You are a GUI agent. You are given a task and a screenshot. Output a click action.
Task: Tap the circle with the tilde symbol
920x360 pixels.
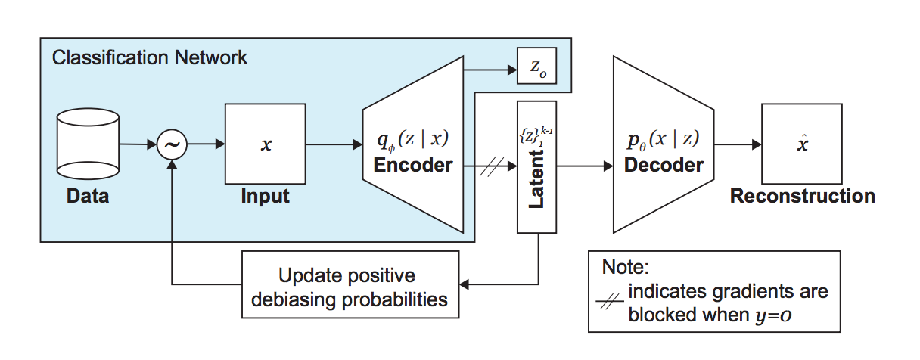[x=171, y=144]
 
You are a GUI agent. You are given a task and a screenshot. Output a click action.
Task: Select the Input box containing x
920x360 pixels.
[x=265, y=144]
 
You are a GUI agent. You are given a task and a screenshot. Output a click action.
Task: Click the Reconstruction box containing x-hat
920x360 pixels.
[x=802, y=144]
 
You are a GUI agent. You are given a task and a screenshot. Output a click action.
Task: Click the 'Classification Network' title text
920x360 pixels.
[x=149, y=57]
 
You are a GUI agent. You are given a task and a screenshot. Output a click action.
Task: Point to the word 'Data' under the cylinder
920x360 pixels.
[x=88, y=197]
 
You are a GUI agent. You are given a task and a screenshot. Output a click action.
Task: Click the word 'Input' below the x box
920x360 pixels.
[x=265, y=197]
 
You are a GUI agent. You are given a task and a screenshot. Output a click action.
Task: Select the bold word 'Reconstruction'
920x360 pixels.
[x=802, y=197]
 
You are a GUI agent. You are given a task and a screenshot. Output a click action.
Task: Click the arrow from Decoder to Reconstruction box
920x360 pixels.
[x=737, y=144]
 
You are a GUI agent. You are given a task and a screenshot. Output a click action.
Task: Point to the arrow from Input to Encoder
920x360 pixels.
[x=334, y=144]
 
